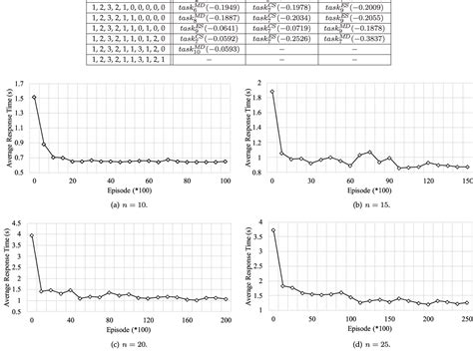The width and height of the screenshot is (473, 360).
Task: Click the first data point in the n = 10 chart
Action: [x=35, y=98]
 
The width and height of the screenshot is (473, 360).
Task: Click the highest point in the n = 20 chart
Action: [x=34, y=236]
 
